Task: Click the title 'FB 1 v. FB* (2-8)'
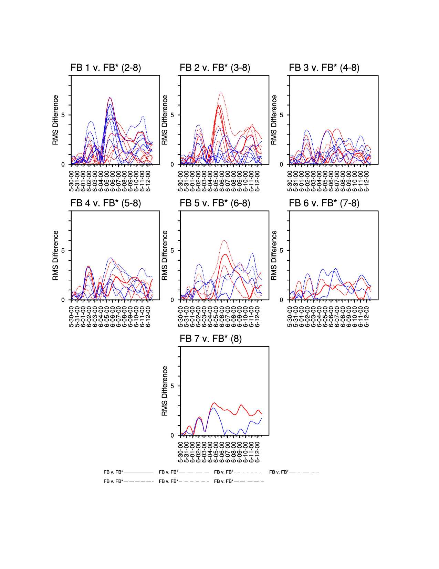point(106,68)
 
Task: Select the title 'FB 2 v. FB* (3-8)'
point(215,68)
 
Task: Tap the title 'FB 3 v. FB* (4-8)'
point(324,68)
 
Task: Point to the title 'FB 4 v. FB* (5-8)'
point(106,203)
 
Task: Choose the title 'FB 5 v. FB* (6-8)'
point(215,203)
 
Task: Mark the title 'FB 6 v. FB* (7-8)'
point(324,203)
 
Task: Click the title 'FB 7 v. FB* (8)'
point(211,339)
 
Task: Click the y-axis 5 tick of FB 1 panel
point(63,115)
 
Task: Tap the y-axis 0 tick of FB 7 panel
point(172,436)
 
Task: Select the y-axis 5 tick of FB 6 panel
point(281,250)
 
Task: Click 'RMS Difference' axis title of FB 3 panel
point(274,120)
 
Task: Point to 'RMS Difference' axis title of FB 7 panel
point(165,391)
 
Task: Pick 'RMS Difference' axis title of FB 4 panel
point(55,256)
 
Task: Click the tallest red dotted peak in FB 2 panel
point(221,93)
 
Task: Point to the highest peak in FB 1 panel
point(109,98)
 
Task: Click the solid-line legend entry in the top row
point(128,472)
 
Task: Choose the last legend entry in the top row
point(294,472)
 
